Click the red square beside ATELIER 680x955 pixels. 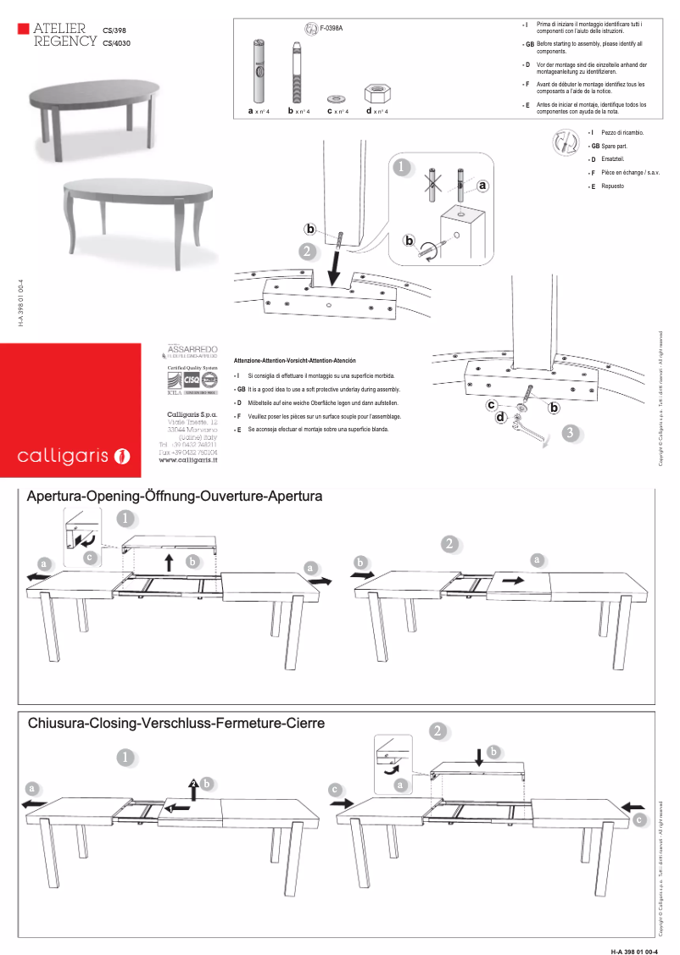pyautogui.click(x=23, y=30)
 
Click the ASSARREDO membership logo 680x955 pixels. pyautogui.click(x=193, y=350)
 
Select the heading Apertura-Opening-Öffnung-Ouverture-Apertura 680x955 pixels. pyautogui.click(x=175, y=497)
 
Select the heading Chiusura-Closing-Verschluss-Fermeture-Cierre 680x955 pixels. pyautogui.click(x=176, y=724)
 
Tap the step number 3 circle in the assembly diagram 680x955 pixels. pyautogui.click(x=571, y=433)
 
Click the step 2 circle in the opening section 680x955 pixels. pyautogui.click(x=449, y=544)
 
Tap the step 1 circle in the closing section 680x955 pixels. pyautogui.click(x=125, y=757)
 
